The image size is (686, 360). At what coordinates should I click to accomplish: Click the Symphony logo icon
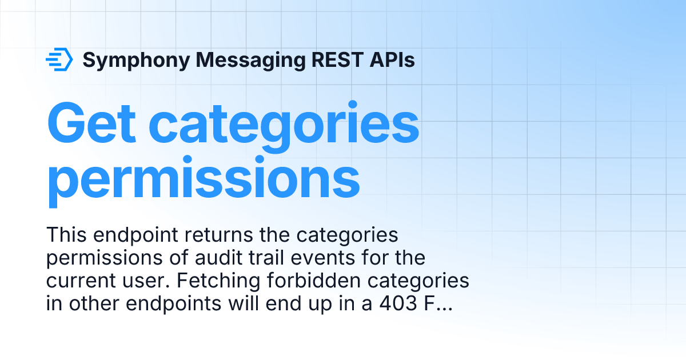tap(59, 59)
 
